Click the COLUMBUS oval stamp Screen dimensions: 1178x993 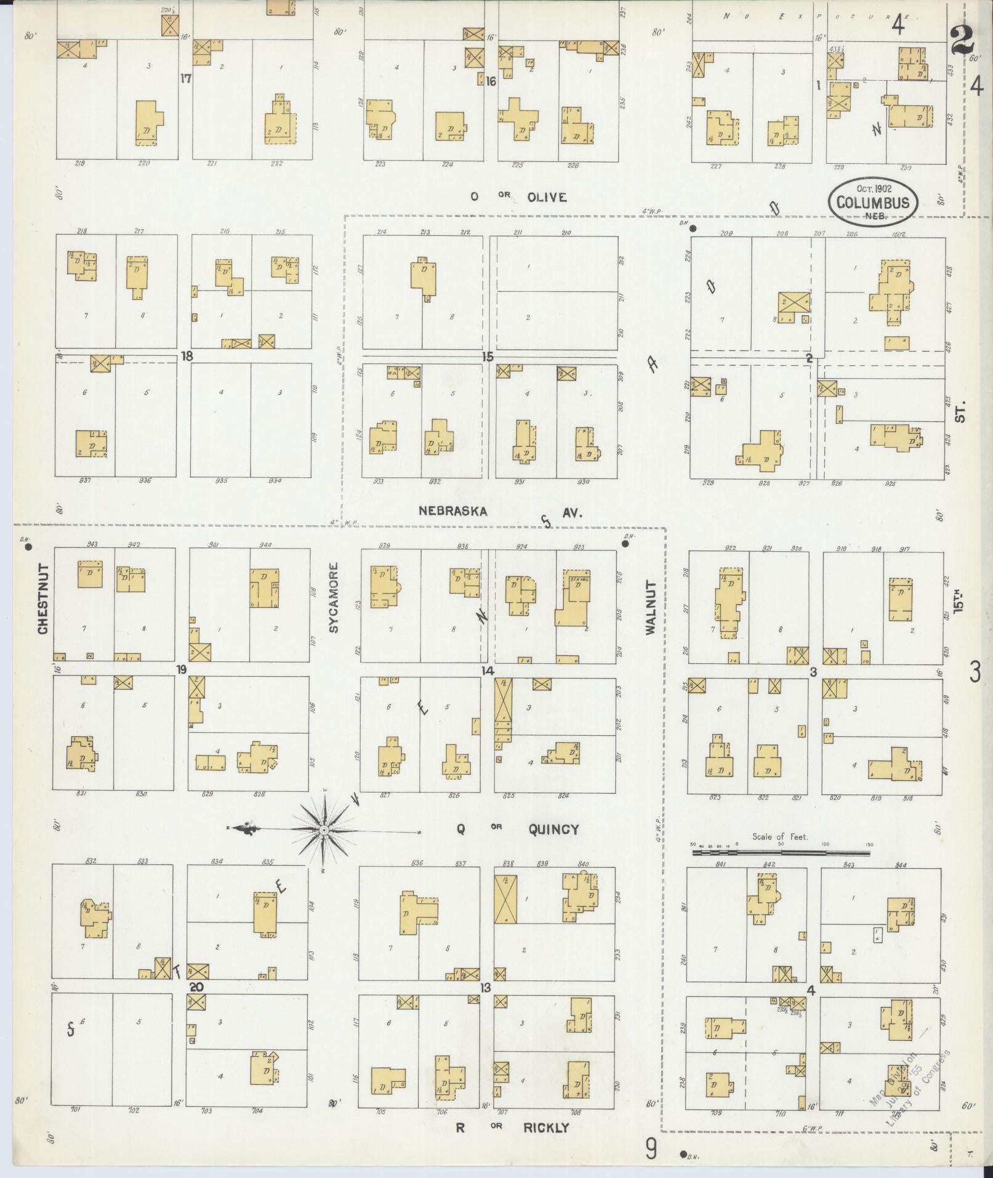pyautogui.click(x=874, y=201)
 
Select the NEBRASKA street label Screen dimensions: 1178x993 pyautogui.click(x=453, y=510)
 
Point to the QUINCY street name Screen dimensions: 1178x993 pyautogui.click(x=553, y=829)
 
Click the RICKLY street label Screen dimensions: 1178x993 pyautogui.click(x=546, y=1128)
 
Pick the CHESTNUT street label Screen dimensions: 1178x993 pyautogui.click(x=43, y=599)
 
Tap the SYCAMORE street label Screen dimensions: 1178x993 pyautogui.click(x=334, y=597)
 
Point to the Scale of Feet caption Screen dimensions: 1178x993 pyautogui.click(x=779, y=837)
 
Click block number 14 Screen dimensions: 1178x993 pyautogui.click(x=488, y=671)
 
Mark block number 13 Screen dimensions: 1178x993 pyautogui.click(x=486, y=988)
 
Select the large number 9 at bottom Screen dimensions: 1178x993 pyautogui.click(x=651, y=1149)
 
